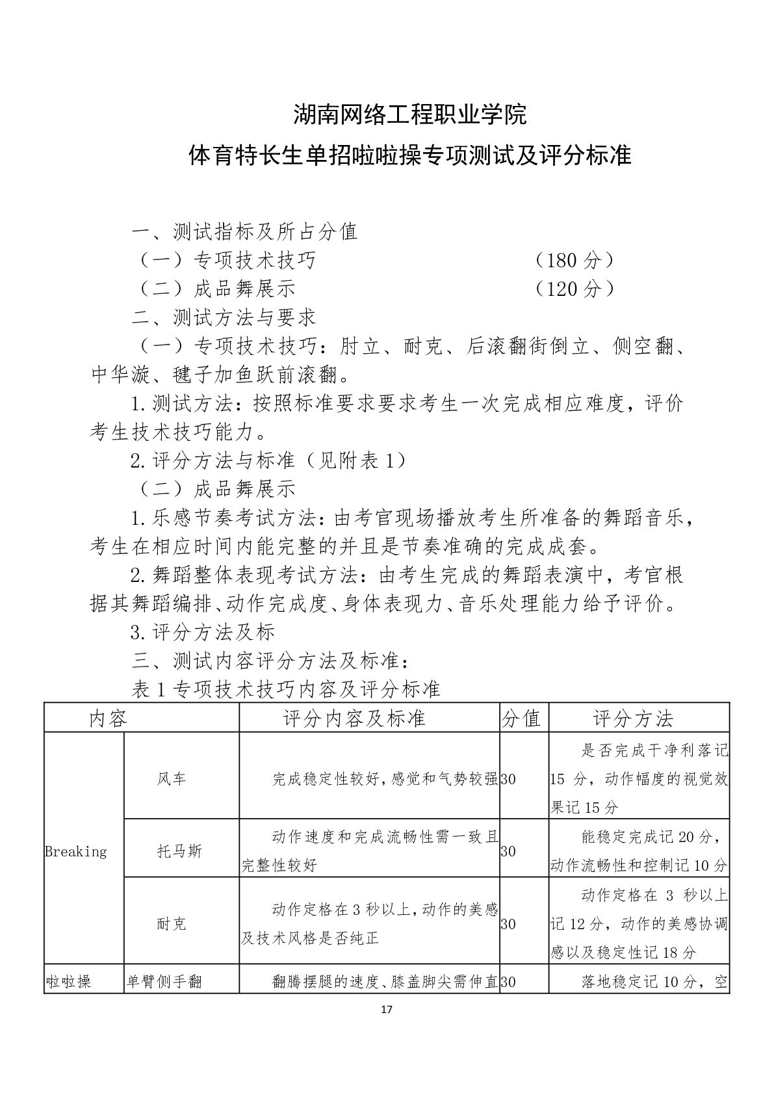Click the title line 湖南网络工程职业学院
409,115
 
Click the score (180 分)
573,260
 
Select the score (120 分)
573,289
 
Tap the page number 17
387,1010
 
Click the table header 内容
109,719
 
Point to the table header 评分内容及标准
354,719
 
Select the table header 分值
522,719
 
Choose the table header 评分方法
633,719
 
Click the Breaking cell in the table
75,851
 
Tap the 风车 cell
172,778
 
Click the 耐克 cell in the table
172,924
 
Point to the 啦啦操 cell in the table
68,981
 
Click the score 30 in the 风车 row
508,778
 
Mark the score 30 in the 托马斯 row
508,851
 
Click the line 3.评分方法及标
203,632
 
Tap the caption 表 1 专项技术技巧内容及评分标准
286,689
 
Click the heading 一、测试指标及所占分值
244,231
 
